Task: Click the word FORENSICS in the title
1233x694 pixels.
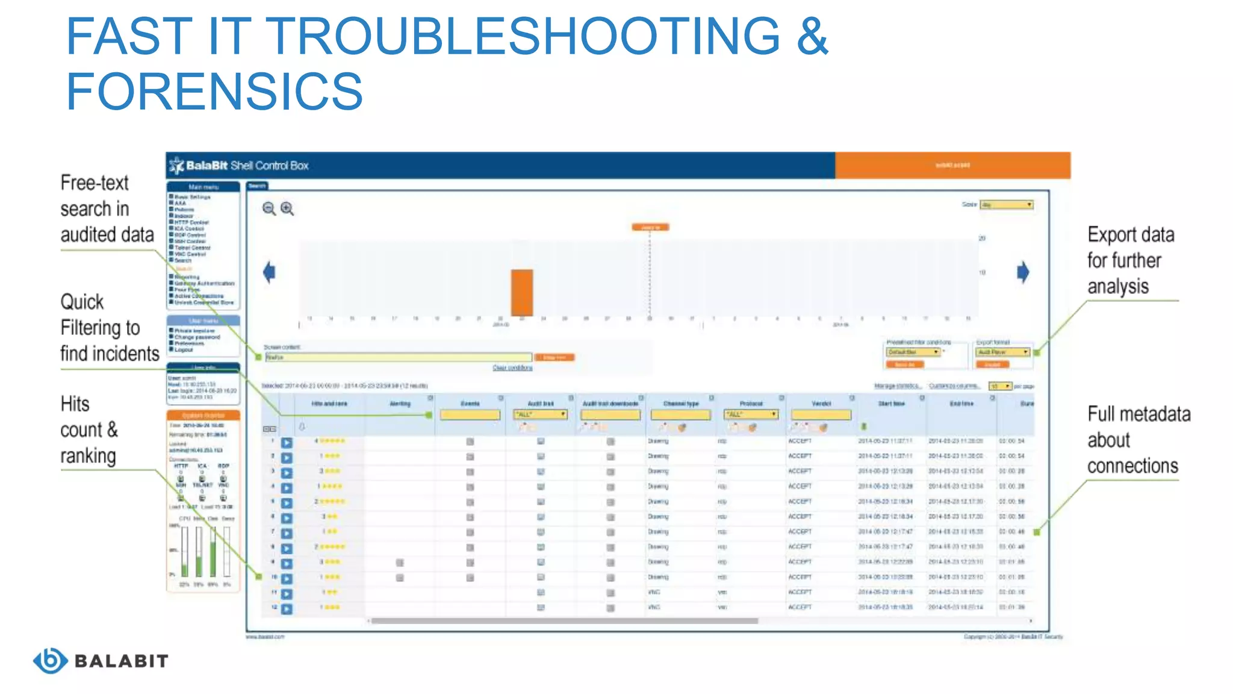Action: pos(214,92)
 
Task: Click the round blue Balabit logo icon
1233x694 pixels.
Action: pos(50,660)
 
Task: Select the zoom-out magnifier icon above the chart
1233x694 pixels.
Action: pos(269,208)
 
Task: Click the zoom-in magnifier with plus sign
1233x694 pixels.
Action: pos(287,208)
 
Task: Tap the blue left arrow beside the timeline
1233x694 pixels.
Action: pos(269,272)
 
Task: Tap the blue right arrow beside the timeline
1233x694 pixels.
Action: pos(1023,272)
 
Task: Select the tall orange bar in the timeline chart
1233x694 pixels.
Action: pos(522,293)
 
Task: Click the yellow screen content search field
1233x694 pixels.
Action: pos(398,357)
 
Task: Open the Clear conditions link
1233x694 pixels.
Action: pos(512,367)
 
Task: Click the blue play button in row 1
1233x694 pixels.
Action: pos(287,442)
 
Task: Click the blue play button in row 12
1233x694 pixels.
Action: pos(287,608)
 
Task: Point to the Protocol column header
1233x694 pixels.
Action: pos(751,404)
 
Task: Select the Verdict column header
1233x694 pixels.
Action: pos(821,404)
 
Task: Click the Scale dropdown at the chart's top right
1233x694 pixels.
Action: pos(1006,205)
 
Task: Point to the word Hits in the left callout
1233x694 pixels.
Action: pos(75,404)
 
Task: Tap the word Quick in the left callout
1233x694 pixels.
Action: pos(82,301)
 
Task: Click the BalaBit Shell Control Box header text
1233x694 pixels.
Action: pos(247,166)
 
